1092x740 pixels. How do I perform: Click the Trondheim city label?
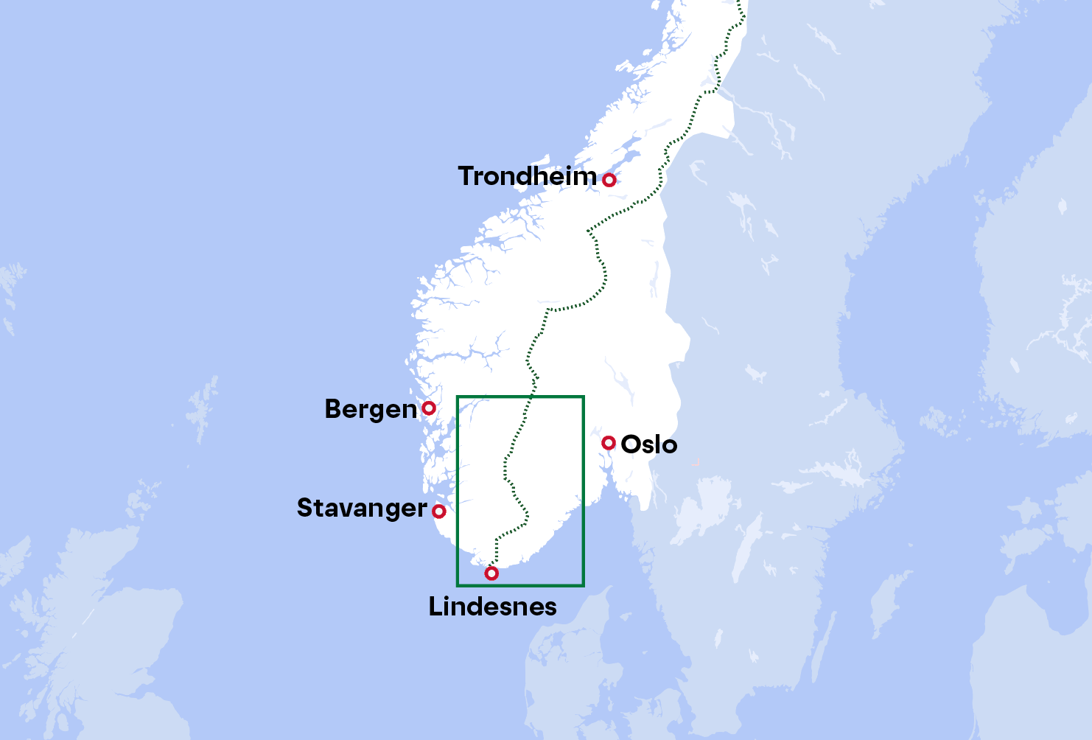pos(527,176)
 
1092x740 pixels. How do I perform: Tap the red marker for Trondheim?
pos(609,180)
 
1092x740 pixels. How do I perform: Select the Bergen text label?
pos(371,409)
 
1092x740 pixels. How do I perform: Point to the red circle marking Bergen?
pos(428,408)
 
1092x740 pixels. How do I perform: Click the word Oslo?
pos(648,444)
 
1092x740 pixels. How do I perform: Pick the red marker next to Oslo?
pos(608,442)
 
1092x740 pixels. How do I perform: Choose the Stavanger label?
pos(361,509)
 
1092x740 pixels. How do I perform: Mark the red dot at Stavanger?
pos(439,511)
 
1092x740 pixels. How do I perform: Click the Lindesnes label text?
pos(492,607)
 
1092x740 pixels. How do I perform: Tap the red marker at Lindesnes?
pos(491,573)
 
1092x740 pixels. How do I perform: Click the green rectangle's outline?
pos(584,486)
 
